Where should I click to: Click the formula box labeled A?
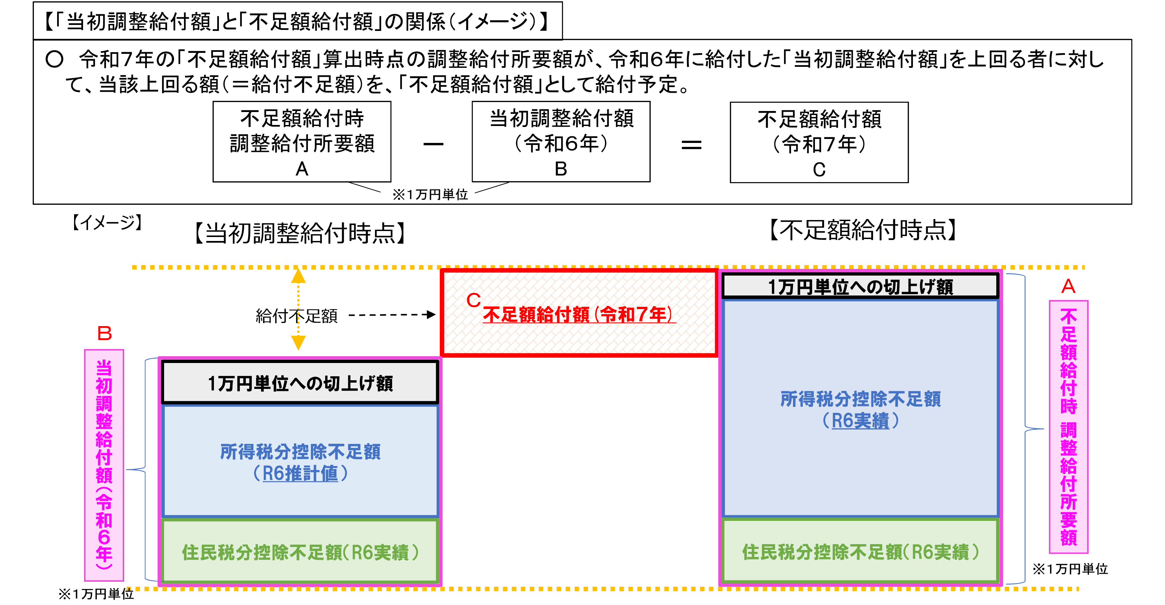coord(302,142)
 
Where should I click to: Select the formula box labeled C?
coord(819,142)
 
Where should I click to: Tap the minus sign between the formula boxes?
coord(433,144)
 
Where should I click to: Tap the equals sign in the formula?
coord(692,145)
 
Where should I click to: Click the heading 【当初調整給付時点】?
coord(300,233)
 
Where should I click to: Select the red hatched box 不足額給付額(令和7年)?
coord(579,313)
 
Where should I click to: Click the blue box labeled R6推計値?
coord(300,461)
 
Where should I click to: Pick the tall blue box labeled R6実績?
coord(860,408)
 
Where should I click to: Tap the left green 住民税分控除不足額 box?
coord(300,551)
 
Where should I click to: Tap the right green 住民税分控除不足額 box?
coord(860,551)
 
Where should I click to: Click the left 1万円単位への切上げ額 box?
coord(300,382)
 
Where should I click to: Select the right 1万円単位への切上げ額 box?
coord(860,286)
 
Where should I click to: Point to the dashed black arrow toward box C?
coord(392,314)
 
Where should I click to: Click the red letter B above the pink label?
coord(104,333)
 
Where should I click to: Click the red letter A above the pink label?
coord(1068,286)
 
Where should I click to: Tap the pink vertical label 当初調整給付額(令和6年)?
coord(104,465)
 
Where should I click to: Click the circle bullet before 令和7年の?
coord(54,59)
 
